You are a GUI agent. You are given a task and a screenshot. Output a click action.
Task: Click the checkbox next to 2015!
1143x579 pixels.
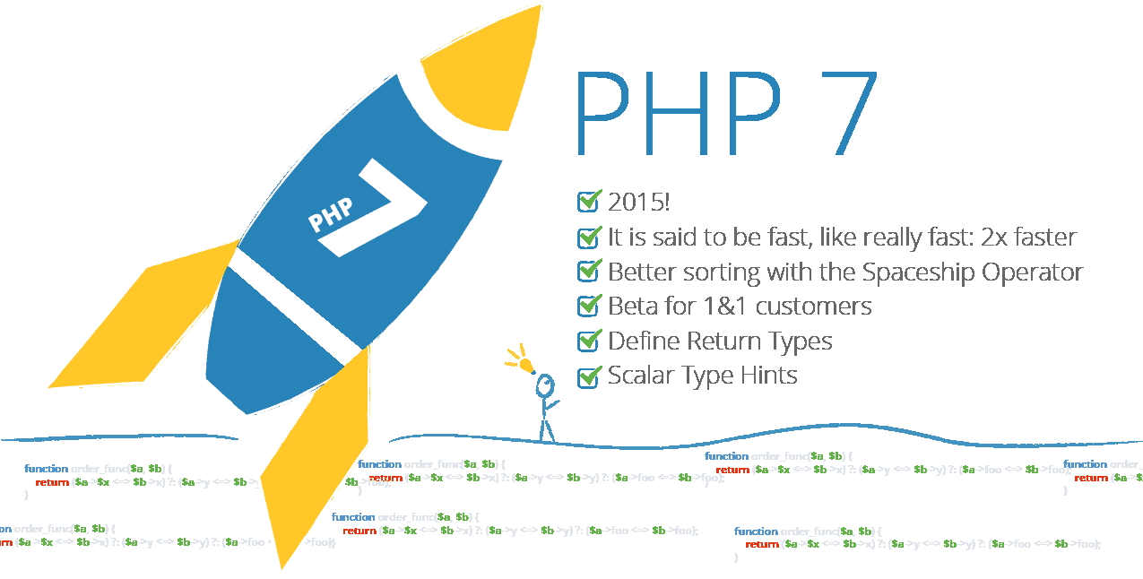point(588,202)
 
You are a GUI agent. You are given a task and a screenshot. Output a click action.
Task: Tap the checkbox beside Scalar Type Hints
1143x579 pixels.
point(588,376)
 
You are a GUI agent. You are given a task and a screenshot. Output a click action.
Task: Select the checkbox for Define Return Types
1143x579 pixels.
point(588,341)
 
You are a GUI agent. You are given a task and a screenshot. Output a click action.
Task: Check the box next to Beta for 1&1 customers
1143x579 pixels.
point(588,307)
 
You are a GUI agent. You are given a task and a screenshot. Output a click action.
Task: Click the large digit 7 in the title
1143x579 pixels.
point(839,111)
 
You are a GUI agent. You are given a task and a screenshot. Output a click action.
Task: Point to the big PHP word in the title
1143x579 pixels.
point(678,111)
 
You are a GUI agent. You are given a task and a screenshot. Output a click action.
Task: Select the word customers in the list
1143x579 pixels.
point(813,307)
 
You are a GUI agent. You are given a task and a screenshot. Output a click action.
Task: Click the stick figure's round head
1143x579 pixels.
point(545,386)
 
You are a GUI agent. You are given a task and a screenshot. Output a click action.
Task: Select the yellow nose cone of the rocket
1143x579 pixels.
point(484,72)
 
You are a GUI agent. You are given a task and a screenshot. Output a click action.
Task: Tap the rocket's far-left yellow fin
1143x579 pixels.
point(134,323)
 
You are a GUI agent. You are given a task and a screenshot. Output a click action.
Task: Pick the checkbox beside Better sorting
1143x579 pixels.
point(588,272)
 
